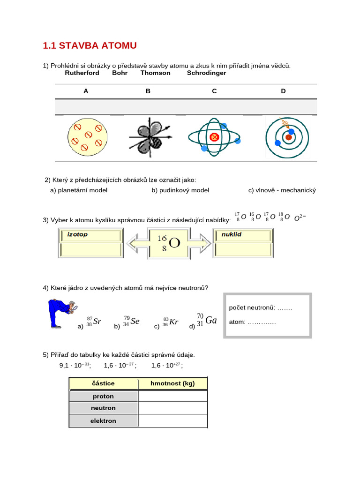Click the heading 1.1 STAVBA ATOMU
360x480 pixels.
[90, 45]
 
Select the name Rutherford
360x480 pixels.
[82, 73]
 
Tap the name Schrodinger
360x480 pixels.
[206, 73]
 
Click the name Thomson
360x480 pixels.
[155, 73]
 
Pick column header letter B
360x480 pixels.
[148, 91]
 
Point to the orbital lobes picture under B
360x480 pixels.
[148, 138]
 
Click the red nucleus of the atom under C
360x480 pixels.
[215, 137]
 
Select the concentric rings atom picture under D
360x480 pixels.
[287, 137]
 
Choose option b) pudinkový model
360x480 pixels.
[180, 190]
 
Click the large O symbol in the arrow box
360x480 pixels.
[174, 243]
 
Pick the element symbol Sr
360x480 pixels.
[97, 321]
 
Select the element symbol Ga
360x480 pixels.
[211, 321]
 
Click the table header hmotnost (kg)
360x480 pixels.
[172, 383]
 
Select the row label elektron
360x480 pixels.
[103, 421]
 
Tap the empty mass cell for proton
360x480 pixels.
[172, 396]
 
